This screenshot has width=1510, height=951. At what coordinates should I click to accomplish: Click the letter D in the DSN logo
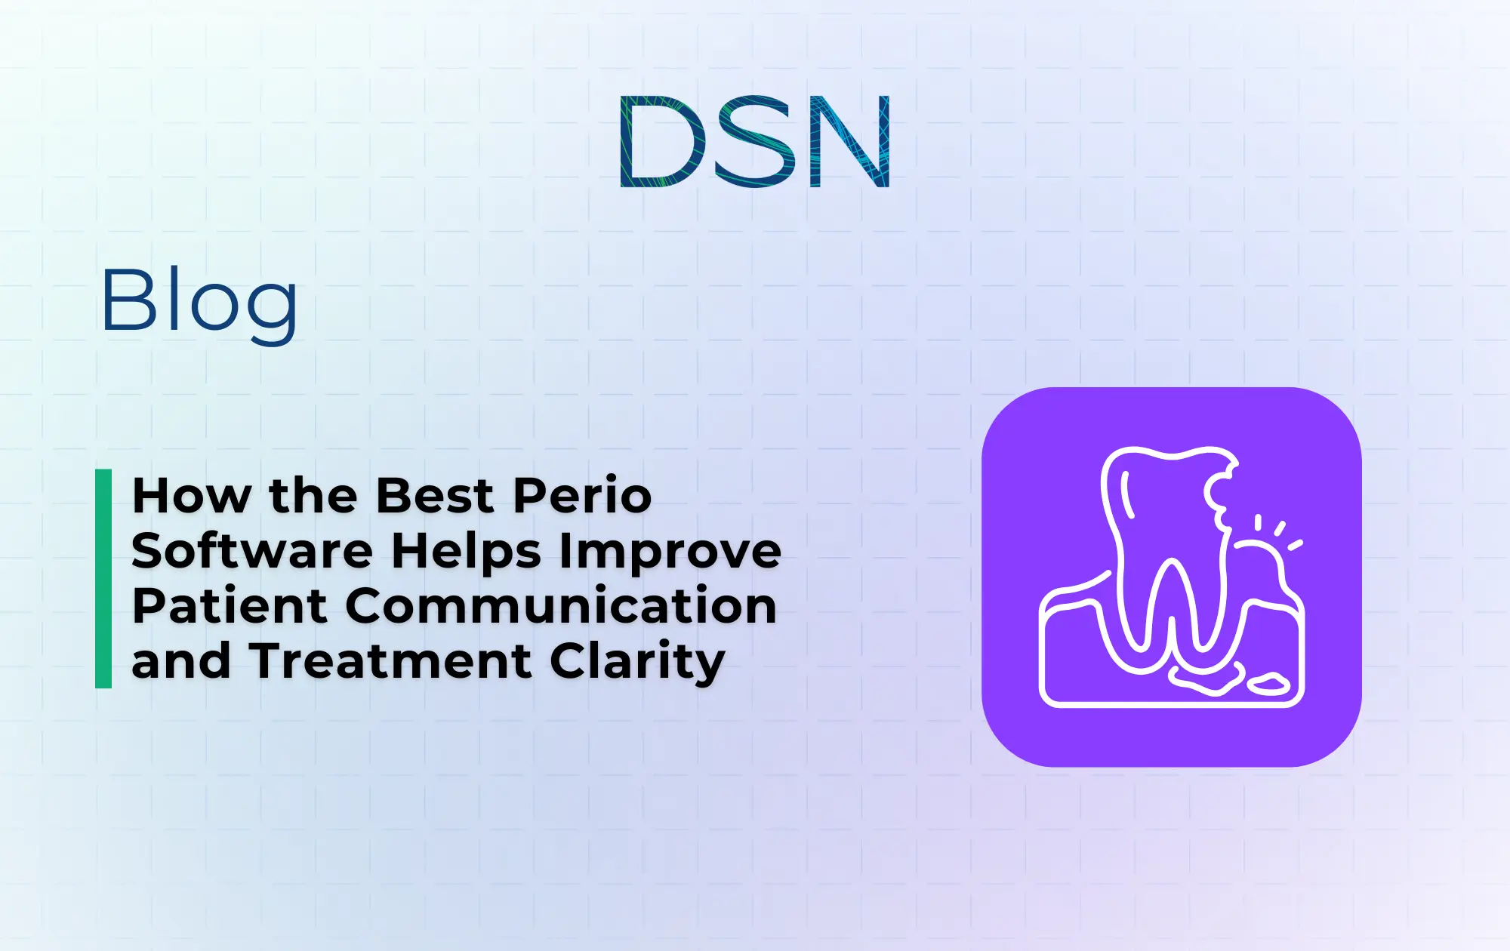click(x=661, y=141)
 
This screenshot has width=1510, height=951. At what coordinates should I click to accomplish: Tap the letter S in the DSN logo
click(x=756, y=141)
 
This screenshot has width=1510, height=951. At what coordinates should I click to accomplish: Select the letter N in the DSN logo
click(x=849, y=141)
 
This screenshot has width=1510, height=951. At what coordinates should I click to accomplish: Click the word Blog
click(x=199, y=302)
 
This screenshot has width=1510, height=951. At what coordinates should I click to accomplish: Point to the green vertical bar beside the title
click(x=103, y=578)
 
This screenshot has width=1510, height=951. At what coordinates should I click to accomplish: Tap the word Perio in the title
click(x=582, y=496)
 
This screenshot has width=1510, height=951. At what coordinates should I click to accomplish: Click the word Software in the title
click(x=252, y=551)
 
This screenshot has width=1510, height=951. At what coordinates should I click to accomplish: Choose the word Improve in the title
click(x=670, y=551)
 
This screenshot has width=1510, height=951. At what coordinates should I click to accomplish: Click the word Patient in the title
click(x=230, y=606)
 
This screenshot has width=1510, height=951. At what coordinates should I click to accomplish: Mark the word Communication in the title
click(x=561, y=606)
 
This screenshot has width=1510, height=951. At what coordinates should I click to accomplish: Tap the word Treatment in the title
click(x=390, y=661)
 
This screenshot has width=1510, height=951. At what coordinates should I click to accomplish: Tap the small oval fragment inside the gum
click(x=1268, y=684)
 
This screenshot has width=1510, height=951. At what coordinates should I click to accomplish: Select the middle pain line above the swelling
click(x=1280, y=528)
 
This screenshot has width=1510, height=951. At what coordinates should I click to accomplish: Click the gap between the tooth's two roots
click(x=1171, y=604)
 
